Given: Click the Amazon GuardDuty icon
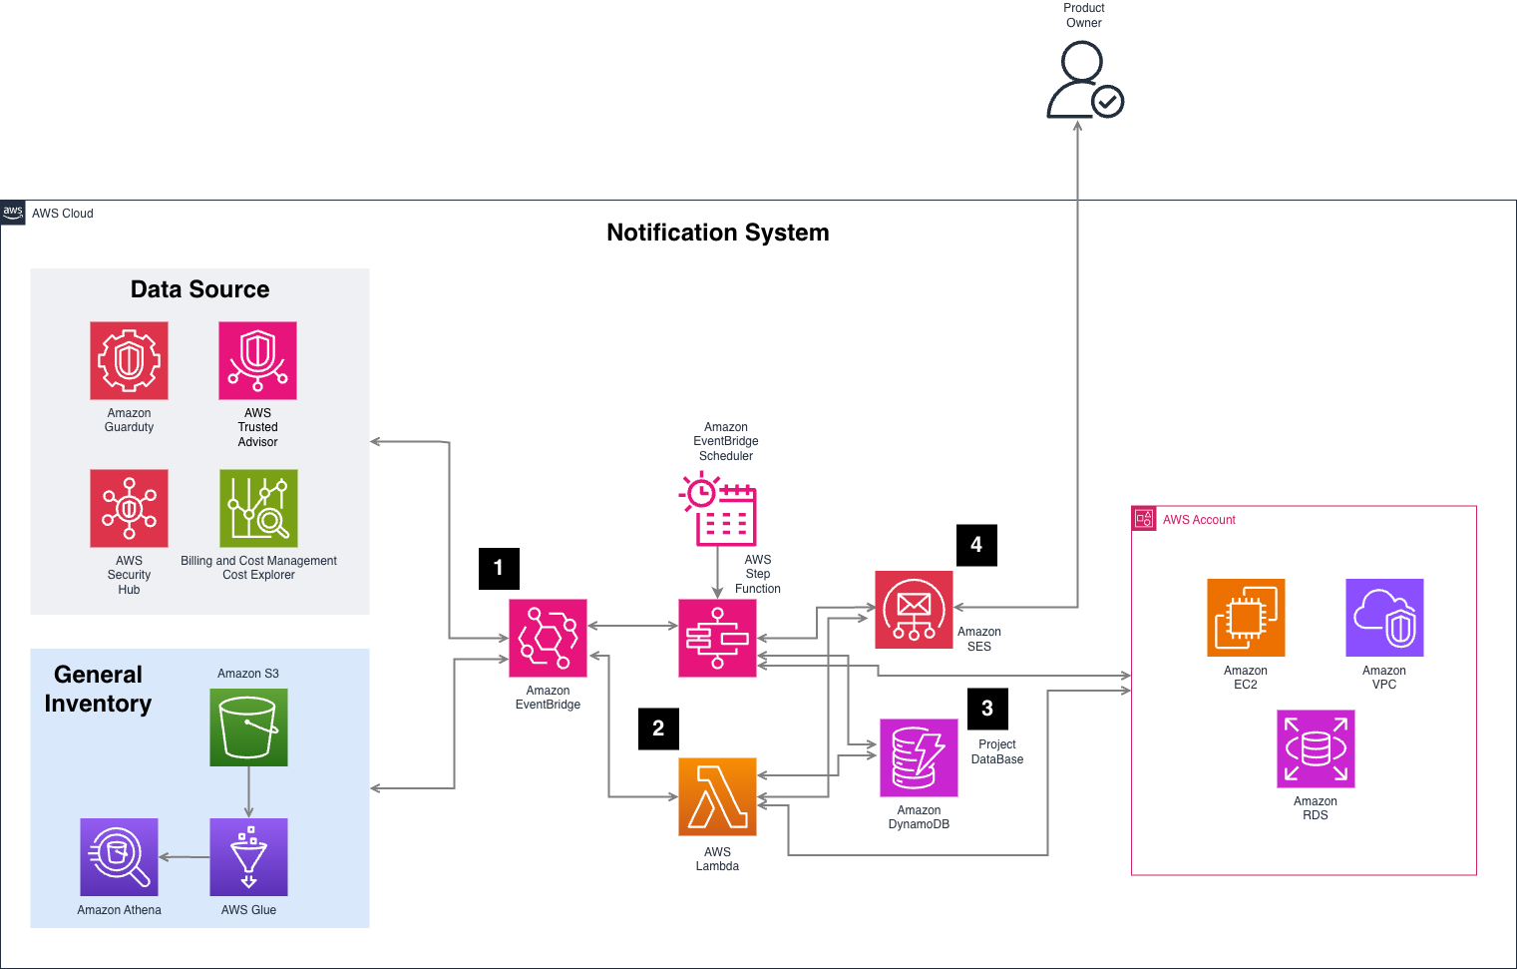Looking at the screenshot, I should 129,360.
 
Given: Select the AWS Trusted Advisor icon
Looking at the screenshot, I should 257,360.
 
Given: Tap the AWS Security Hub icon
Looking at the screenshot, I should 129,508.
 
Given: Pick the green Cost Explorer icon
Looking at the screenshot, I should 258,508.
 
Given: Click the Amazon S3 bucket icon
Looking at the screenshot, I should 248,727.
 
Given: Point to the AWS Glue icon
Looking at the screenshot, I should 248,856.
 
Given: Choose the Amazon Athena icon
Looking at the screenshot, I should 119,856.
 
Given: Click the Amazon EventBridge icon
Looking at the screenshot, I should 548,638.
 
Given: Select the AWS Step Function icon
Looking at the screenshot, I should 717,638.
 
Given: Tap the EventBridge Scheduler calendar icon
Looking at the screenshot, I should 719,509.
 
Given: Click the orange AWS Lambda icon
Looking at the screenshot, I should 717,796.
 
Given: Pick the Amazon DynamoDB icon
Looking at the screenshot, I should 919,757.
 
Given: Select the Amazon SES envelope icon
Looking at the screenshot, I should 914,610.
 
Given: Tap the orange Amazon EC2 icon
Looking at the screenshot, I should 1246,618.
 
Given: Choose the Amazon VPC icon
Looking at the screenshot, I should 1384,618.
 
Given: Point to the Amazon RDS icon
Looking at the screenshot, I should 1316,748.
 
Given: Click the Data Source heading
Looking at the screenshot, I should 199,289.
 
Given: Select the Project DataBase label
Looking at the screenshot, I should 997,751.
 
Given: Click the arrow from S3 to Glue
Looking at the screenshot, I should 248,792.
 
